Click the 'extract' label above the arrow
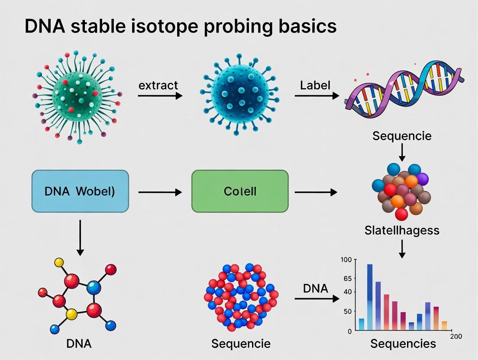point(158,85)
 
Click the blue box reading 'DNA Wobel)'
point(80,191)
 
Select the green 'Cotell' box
point(240,191)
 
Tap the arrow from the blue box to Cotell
point(160,192)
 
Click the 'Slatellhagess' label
point(402,230)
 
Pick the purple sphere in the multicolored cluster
point(422,178)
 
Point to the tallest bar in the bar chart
point(370,297)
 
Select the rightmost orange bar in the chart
point(444,325)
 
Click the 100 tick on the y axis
point(346,260)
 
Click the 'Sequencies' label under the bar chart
point(403,344)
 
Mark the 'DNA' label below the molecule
point(79,344)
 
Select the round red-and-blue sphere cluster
point(241,297)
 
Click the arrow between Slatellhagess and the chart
point(402,248)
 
